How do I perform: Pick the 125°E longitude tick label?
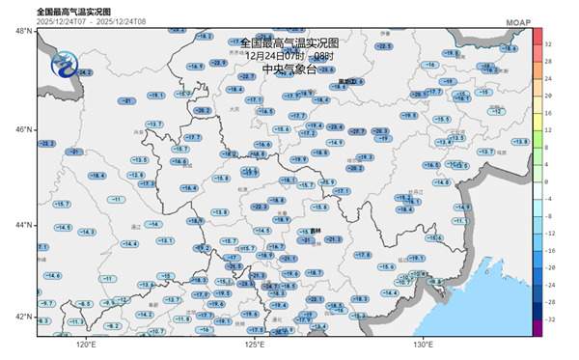(254, 345)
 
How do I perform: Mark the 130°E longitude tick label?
(423, 345)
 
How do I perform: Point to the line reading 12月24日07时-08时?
(289, 55)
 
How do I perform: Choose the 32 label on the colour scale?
(548, 43)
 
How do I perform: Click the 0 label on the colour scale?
(546, 180)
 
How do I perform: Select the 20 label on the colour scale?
(548, 96)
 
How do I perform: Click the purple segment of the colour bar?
(536, 327)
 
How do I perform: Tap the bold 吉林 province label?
(316, 230)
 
